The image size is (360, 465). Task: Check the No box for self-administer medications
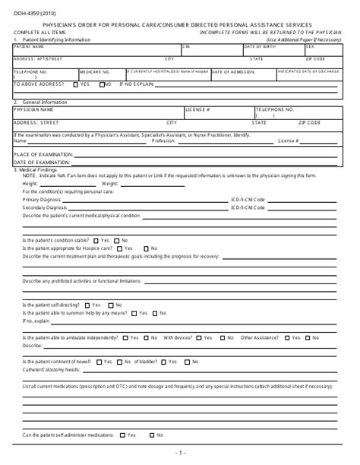(152, 435)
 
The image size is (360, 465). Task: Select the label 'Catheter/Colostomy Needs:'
(52, 369)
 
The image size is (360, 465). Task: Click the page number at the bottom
(180, 453)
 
